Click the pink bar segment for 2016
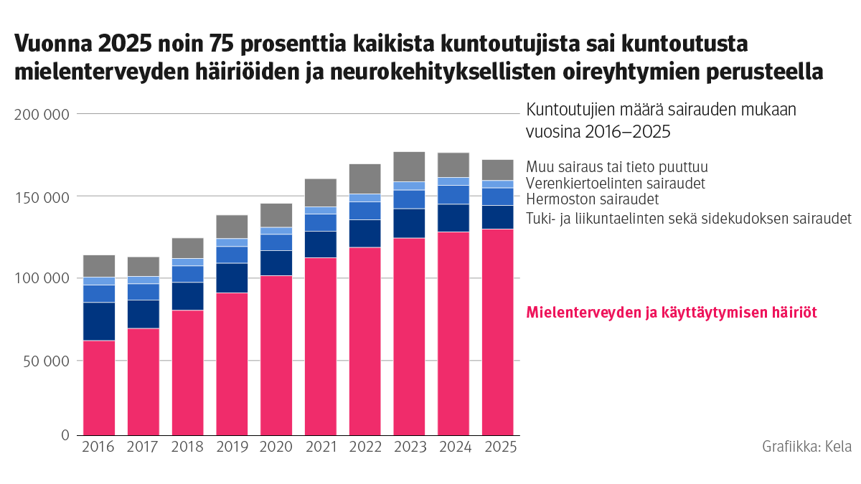(99, 387)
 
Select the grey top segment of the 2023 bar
(409, 166)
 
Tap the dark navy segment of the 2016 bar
(99, 321)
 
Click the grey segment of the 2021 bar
(320, 192)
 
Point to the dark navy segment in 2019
(232, 277)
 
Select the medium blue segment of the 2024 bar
(453, 194)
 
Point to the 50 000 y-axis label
(45, 361)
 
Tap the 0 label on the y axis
(65, 435)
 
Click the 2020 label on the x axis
(276, 447)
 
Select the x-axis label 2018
(187, 447)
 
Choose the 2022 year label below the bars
(364, 447)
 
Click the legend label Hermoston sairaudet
(592, 199)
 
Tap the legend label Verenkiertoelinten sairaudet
(615, 183)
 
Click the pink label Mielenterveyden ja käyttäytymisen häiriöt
(672, 313)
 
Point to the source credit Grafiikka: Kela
(806, 446)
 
